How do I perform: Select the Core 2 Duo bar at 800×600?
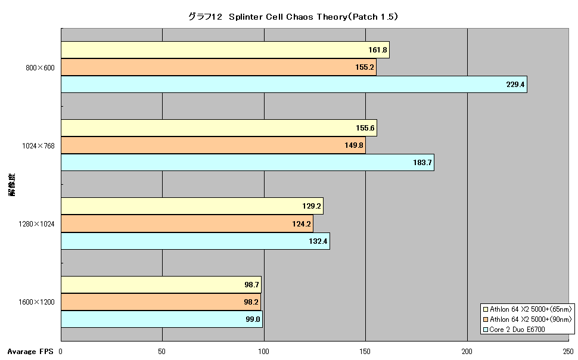click(x=294, y=85)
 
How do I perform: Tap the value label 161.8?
click(x=377, y=50)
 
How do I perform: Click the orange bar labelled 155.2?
click(x=219, y=67)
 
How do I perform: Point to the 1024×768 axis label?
click(x=38, y=145)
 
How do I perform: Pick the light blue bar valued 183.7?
click(x=247, y=163)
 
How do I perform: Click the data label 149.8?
click(x=354, y=145)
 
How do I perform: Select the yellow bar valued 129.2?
click(x=192, y=206)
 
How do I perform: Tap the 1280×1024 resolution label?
click(x=36, y=224)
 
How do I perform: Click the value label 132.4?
click(x=318, y=241)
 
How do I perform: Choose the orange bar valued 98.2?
click(x=161, y=302)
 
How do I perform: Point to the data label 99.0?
click(x=253, y=319)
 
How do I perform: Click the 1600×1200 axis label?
click(x=36, y=302)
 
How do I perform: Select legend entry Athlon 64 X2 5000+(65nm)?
click(x=527, y=309)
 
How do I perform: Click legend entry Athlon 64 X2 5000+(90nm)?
click(x=527, y=319)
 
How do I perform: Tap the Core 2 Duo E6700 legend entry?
click(x=514, y=330)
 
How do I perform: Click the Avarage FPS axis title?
click(x=30, y=352)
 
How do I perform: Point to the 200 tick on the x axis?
click(x=467, y=352)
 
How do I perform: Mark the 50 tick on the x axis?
click(x=162, y=352)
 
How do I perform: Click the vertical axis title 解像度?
click(x=12, y=185)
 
